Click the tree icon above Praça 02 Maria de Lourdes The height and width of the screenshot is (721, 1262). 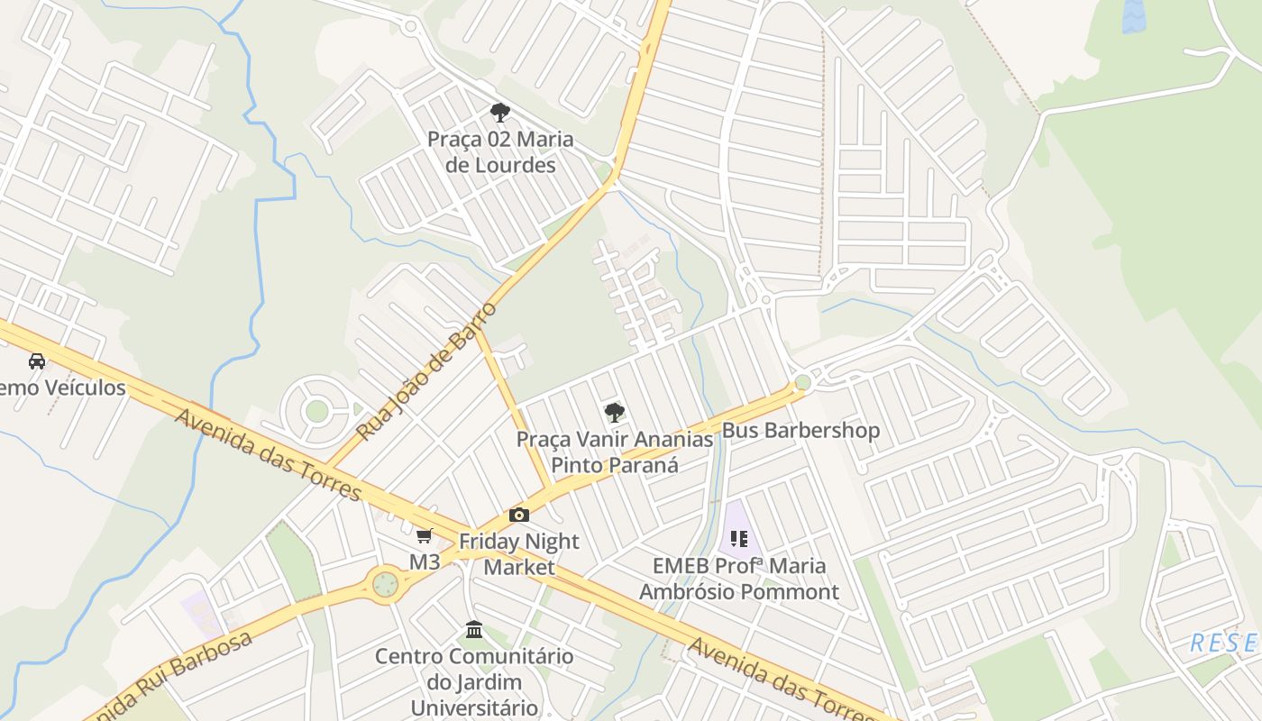coord(499,113)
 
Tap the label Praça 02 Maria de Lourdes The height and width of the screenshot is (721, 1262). coord(500,152)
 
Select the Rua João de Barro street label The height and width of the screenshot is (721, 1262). coord(426,371)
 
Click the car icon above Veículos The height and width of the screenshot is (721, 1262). coord(37,361)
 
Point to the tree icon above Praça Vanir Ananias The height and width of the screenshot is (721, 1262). coord(614,413)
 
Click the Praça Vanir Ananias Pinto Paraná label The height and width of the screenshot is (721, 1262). coord(615,452)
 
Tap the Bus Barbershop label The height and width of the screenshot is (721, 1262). coord(800,430)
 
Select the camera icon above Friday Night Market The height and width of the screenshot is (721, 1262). coord(519,515)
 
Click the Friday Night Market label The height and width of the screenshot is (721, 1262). coord(519,553)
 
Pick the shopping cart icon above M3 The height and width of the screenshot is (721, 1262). coord(425,535)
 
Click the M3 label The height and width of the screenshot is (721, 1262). coord(425,561)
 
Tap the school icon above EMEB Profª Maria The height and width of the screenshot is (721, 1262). coord(739,539)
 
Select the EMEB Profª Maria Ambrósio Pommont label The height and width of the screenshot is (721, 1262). coord(739,579)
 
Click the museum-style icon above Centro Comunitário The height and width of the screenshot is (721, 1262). coord(474,629)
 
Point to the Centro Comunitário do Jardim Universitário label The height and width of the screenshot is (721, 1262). coord(474,681)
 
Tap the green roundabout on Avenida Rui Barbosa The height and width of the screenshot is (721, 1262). coord(385,584)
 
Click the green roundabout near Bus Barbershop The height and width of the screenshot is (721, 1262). coord(803,383)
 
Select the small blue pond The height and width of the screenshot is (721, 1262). coord(1133,15)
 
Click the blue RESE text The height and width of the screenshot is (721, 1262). coord(1223,643)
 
